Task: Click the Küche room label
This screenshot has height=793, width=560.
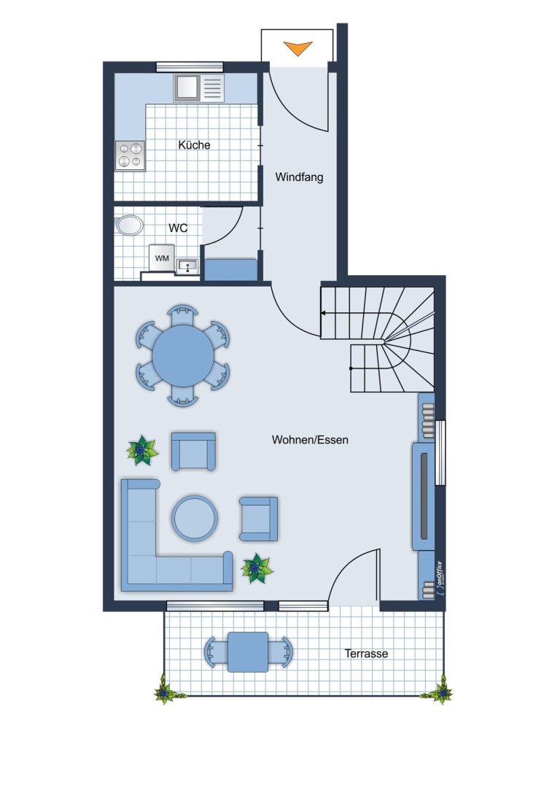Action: click(194, 145)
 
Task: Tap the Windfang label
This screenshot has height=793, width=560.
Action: click(299, 177)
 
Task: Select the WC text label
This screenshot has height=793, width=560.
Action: click(178, 228)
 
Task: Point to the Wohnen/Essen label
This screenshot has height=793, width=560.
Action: click(310, 439)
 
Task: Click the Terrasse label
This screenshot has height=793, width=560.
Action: click(367, 654)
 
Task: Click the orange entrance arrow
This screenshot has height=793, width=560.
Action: click(297, 49)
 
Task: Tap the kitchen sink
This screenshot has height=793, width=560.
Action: click(198, 88)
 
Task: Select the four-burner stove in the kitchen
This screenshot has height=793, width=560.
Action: click(131, 155)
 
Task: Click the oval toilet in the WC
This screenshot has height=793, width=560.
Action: click(129, 225)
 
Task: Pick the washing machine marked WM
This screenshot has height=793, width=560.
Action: click(162, 258)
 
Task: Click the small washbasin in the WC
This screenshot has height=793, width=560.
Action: click(188, 266)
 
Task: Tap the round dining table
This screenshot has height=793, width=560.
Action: click(183, 355)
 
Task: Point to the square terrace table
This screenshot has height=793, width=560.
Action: click(248, 652)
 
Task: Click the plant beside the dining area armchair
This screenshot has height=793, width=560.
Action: click(142, 451)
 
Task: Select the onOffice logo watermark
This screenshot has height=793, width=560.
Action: click(439, 579)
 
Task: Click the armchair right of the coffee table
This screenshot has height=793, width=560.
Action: click(259, 519)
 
